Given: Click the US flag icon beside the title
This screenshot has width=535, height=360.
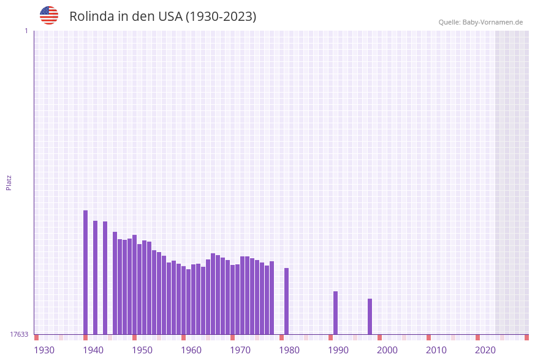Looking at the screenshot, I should point(49,15).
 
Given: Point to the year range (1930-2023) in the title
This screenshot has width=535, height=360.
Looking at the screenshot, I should point(221,17).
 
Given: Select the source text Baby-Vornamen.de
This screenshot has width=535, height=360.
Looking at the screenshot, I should point(493,22).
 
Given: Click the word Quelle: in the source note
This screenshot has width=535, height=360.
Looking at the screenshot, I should point(449,22).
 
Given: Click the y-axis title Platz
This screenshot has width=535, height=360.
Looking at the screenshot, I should point(9,182).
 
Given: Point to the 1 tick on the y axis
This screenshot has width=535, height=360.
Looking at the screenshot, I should point(26,31).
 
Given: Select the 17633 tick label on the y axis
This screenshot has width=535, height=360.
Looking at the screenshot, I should point(19,334).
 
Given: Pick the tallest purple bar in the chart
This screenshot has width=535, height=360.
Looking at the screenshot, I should point(85,272).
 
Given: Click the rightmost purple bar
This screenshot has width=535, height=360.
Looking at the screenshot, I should point(370,316).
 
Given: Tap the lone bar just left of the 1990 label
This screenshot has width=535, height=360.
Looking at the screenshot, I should point(335,313).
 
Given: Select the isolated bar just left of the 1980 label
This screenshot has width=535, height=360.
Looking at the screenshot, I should point(286,301).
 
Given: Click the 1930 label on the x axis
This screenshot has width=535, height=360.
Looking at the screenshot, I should point(44,350).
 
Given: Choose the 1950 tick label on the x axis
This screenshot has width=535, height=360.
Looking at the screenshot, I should point(142,350).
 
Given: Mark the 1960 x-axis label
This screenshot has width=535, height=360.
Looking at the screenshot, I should point(191,350).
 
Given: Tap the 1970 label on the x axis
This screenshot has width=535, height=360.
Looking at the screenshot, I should point(240,350).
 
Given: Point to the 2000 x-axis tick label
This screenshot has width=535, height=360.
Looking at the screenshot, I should point(387,350).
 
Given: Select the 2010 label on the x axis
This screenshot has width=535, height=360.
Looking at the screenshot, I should point(436,350).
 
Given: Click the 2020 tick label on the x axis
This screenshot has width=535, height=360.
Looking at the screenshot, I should point(485,350).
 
